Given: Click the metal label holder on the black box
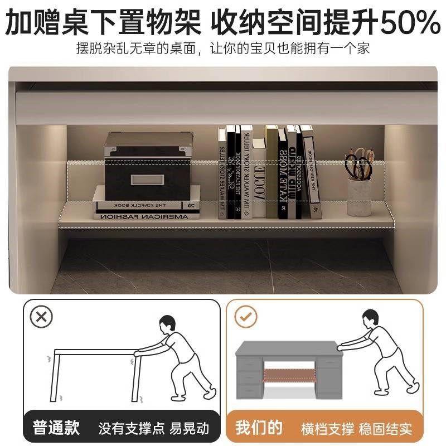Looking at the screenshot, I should click(x=144, y=180).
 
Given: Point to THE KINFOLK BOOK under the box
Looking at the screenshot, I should click(x=146, y=205).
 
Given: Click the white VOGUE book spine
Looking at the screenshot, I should click(x=259, y=178).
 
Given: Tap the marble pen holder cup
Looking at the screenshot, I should click(x=360, y=195).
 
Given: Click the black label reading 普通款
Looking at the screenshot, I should click(x=56, y=428).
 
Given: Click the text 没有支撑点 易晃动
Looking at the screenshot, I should click(x=153, y=429).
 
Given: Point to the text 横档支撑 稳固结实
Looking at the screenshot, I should click(x=357, y=429).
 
